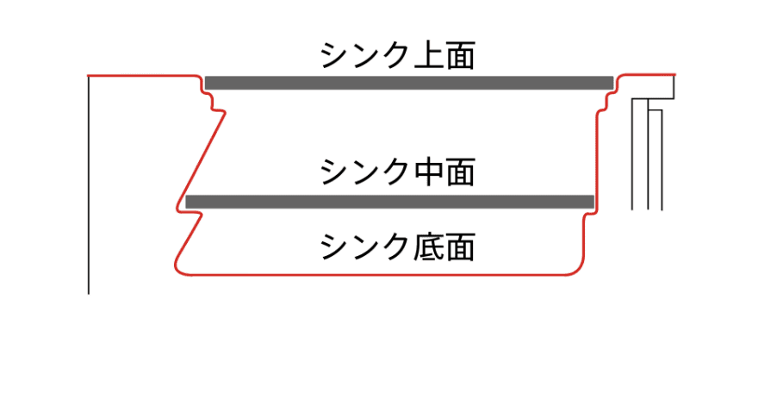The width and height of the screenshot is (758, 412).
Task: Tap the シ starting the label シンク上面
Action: tap(334, 56)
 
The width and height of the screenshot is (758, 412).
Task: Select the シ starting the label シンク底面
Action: tap(334, 247)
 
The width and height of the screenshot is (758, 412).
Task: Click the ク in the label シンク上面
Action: tap(395, 56)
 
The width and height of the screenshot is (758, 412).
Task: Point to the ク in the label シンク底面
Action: tap(395, 247)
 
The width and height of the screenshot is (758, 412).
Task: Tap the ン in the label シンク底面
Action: tap(364, 247)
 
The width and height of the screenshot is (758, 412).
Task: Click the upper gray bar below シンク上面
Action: tap(408, 82)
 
